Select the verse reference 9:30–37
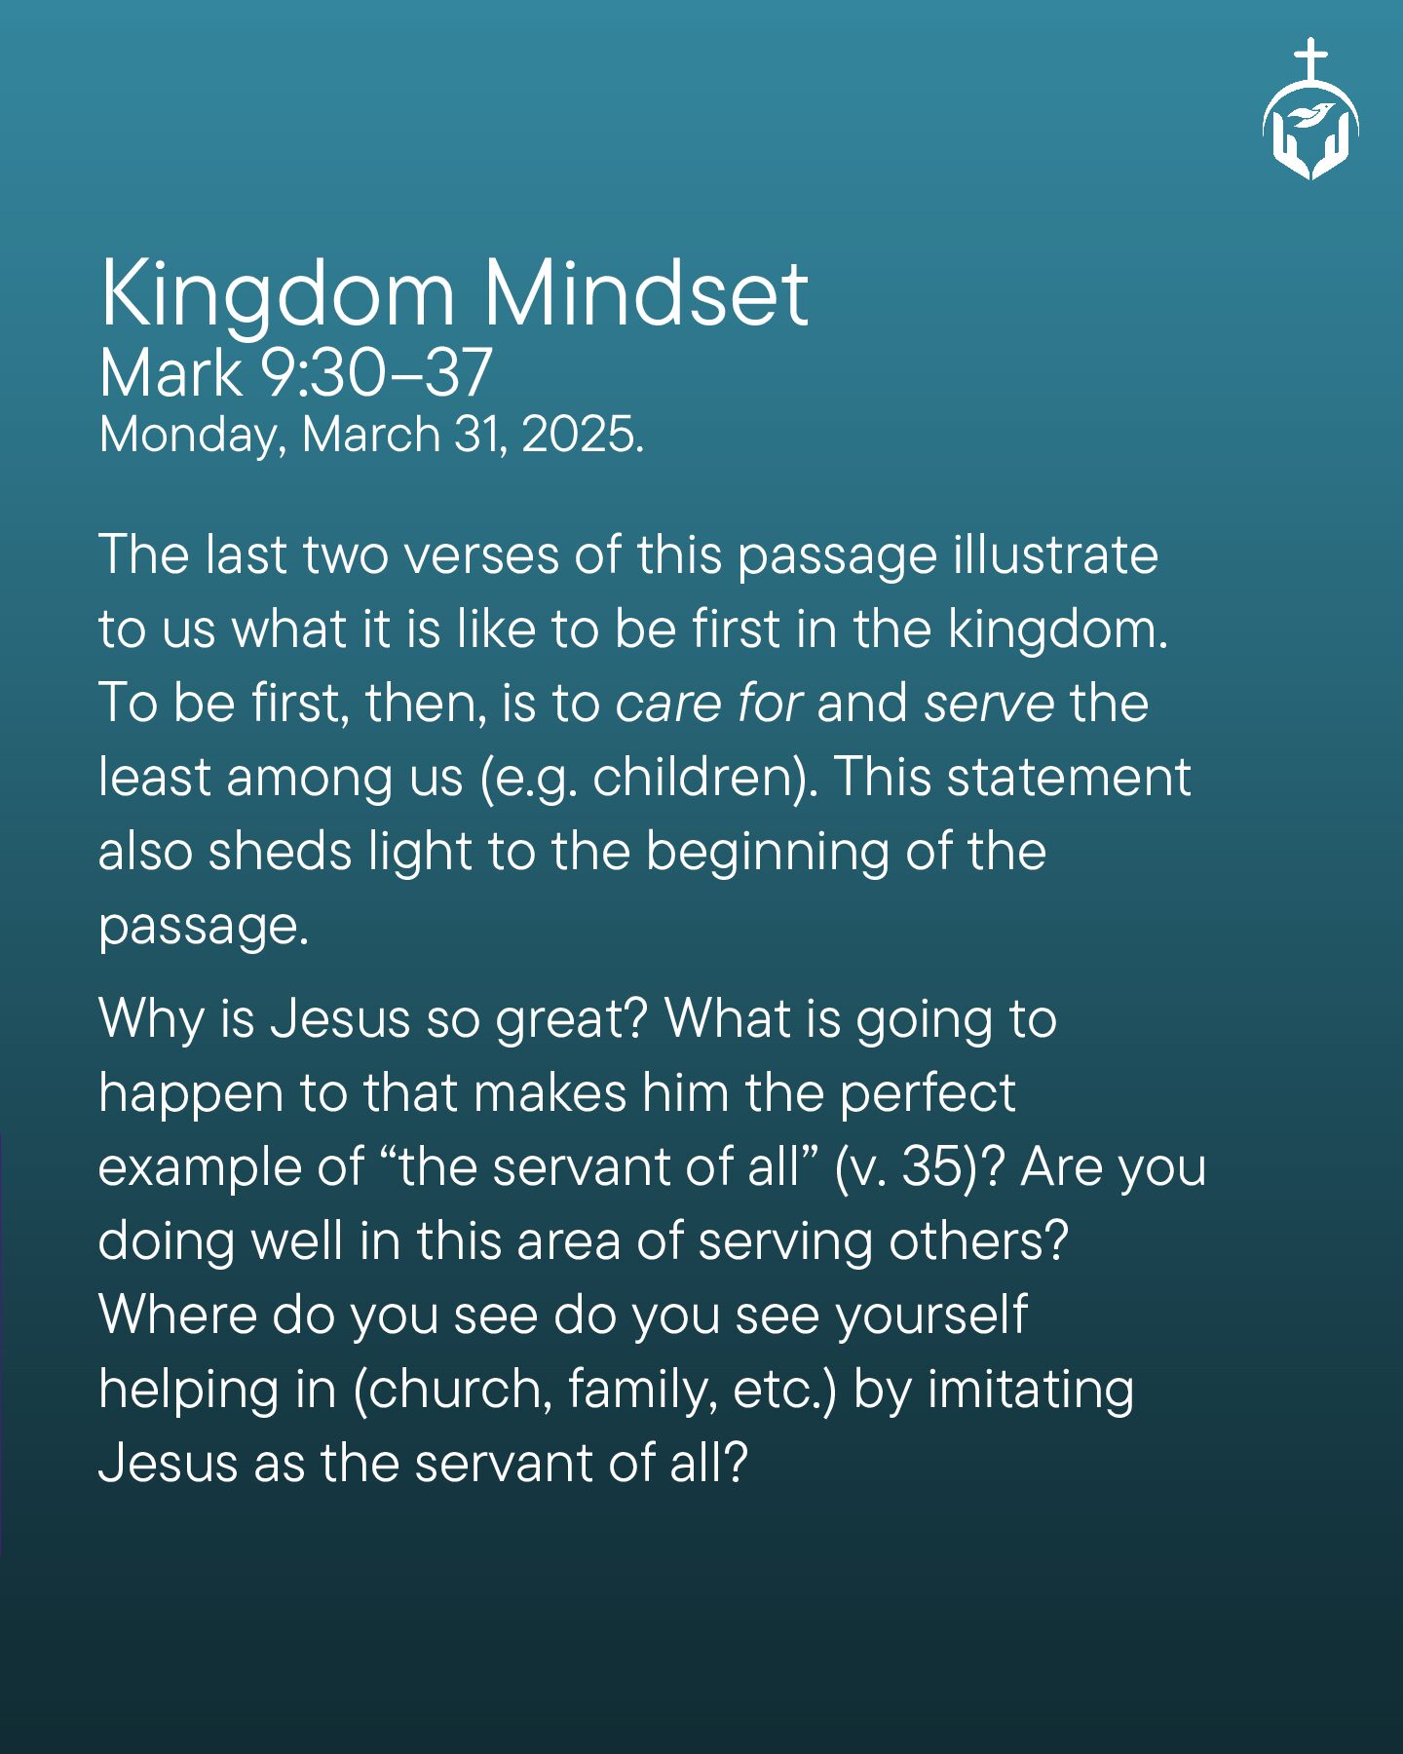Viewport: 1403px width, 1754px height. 375,373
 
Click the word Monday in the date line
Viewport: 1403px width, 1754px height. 193,436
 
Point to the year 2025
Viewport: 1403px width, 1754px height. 583,434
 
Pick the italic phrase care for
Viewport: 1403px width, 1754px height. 709,703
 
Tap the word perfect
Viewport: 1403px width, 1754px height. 928,1093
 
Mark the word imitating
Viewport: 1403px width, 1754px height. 1031,1390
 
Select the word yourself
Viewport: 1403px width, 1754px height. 932,1315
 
